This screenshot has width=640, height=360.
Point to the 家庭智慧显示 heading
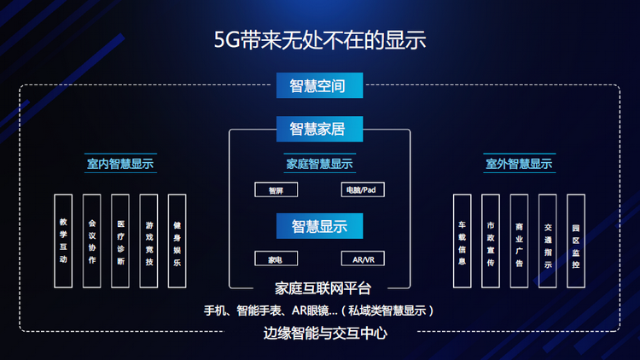tap(319, 164)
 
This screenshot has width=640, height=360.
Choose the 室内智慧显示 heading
tap(120, 164)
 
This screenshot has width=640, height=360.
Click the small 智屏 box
tap(276, 189)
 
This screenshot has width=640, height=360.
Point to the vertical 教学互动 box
tap(63, 241)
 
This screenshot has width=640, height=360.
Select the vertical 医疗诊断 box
tap(120, 241)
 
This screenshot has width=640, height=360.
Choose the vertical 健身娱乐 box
tap(177, 241)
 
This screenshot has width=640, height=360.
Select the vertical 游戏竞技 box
tap(149, 241)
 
